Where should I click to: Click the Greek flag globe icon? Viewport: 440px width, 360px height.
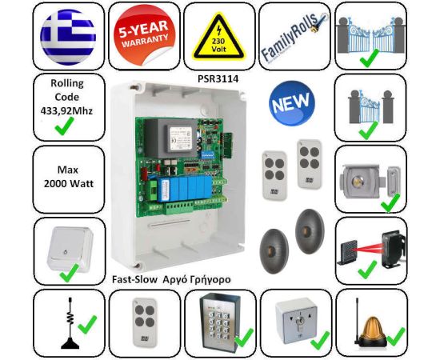[x=68, y=37]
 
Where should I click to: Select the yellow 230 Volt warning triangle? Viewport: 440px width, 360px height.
[x=218, y=37]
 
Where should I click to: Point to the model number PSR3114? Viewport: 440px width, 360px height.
[x=218, y=79]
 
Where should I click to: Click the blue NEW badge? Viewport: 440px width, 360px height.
[x=292, y=103]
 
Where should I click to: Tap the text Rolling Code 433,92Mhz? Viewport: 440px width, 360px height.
[x=66, y=97]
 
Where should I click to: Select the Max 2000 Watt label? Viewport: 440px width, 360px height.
[x=69, y=177]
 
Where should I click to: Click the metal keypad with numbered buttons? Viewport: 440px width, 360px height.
[x=218, y=319]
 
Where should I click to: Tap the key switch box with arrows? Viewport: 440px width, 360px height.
[x=296, y=322]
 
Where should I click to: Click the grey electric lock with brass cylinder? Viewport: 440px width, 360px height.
[x=370, y=182]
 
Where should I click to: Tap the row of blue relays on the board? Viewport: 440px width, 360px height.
[x=186, y=189]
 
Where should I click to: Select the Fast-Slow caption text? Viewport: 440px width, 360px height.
[x=134, y=279]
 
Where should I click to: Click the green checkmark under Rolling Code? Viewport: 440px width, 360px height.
[x=65, y=126]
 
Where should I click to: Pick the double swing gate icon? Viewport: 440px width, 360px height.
[x=370, y=34]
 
